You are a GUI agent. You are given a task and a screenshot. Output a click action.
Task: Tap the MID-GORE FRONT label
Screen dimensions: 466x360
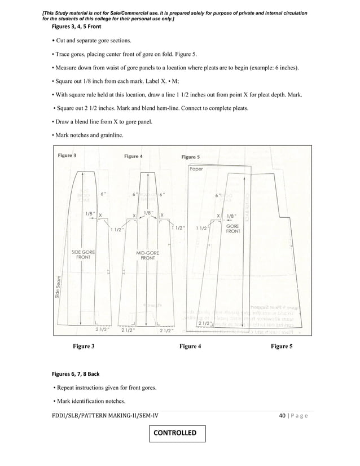pyautogui.click(x=148, y=254)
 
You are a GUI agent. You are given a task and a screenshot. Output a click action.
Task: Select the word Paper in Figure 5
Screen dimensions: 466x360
pyautogui.click(x=196, y=169)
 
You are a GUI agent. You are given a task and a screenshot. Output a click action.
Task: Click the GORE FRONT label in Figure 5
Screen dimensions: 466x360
pyautogui.click(x=232, y=228)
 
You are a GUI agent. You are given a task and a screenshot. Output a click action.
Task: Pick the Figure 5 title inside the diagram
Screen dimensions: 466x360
pyautogui.click(x=190, y=157)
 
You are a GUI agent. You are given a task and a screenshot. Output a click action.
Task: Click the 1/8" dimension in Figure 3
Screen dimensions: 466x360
pyautogui.click(x=89, y=214)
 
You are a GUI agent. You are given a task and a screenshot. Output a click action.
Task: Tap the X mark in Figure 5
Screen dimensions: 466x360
pyautogui.click(x=218, y=216)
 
